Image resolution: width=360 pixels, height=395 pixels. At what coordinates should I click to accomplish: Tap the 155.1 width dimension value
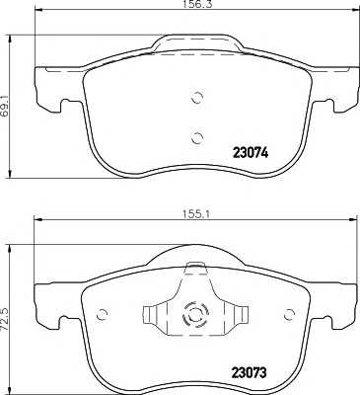pyautogui.click(x=195, y=214)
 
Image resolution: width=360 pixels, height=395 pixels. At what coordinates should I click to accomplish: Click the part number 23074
pyautogui.click(x=251, y=153)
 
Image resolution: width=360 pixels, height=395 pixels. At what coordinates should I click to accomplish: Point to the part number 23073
pyautogui.click(x=249, y=372)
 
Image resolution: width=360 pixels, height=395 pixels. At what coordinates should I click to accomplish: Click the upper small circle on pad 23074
pyautogui.click(x=197, y=97)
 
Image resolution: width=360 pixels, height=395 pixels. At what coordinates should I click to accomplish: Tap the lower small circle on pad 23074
pyautogui.click(x=197, y=138)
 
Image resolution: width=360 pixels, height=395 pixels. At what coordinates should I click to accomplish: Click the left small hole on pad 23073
pyautogui.click(x=103, y=315)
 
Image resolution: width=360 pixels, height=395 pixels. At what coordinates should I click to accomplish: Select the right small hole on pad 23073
pyautogui.click(x=289, y=315)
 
